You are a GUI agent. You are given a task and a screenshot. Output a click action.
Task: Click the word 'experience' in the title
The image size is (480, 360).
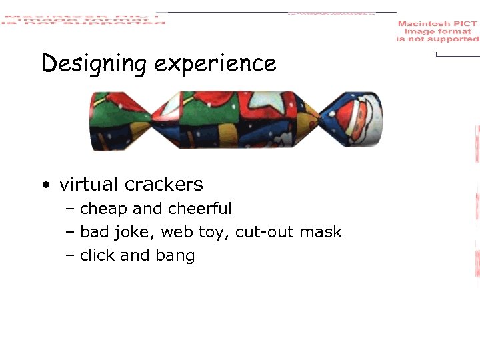pos(215,64)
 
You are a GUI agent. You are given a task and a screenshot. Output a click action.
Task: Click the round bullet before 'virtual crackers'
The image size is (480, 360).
pos(44,185)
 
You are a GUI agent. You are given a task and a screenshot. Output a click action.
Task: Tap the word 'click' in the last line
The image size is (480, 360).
pos(97,255)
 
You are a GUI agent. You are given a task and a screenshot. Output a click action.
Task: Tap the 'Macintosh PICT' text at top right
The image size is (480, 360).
pos(437,24)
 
